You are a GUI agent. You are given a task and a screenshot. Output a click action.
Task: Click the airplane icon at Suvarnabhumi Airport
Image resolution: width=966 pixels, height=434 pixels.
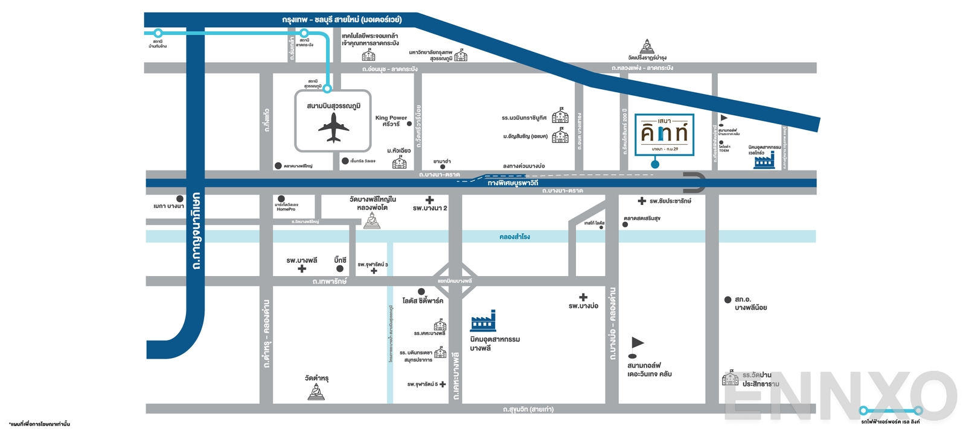[333, 128]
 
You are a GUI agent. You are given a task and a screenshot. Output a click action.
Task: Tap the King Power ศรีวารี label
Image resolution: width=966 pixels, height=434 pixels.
[391, 121]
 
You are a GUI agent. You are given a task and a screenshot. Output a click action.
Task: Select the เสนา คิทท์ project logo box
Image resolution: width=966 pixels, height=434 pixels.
[664, 134]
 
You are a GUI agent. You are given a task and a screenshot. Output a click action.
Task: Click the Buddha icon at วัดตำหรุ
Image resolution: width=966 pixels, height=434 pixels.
[316, 392]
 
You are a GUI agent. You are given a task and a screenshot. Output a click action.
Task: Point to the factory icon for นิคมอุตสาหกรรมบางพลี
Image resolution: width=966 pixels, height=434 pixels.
[483, 321]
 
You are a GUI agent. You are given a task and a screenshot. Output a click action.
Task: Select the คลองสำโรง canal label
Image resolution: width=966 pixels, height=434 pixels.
[514, 237]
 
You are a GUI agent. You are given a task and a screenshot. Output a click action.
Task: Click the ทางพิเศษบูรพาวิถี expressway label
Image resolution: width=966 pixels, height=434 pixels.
[513, 183]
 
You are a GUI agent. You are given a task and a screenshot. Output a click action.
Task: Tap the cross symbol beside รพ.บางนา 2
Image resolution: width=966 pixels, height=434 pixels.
[429, 200]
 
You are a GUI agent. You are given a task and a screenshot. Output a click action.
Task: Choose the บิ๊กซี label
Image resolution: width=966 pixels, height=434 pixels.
[340, 260]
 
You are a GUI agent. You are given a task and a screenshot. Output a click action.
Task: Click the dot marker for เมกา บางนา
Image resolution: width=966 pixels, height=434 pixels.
[180, 199]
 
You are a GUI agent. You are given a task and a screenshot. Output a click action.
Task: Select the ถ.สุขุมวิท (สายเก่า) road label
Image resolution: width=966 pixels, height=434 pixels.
[528, 410]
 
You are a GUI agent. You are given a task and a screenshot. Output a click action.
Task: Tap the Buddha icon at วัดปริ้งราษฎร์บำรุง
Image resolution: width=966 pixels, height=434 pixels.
[647, 46]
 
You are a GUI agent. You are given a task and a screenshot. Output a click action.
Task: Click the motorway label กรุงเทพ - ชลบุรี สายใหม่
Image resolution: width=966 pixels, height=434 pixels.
[342, 20]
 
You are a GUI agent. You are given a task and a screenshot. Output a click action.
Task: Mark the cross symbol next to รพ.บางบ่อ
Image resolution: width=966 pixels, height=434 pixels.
[583, 297]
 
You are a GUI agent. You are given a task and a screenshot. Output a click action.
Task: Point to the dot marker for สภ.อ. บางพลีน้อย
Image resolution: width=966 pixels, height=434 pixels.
[728, 300]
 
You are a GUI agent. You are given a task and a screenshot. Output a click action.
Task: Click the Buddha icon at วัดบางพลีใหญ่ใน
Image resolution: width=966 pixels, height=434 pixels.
[372, 221]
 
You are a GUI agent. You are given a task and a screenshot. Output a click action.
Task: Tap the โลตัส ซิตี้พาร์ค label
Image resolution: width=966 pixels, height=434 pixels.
[423, 301]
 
